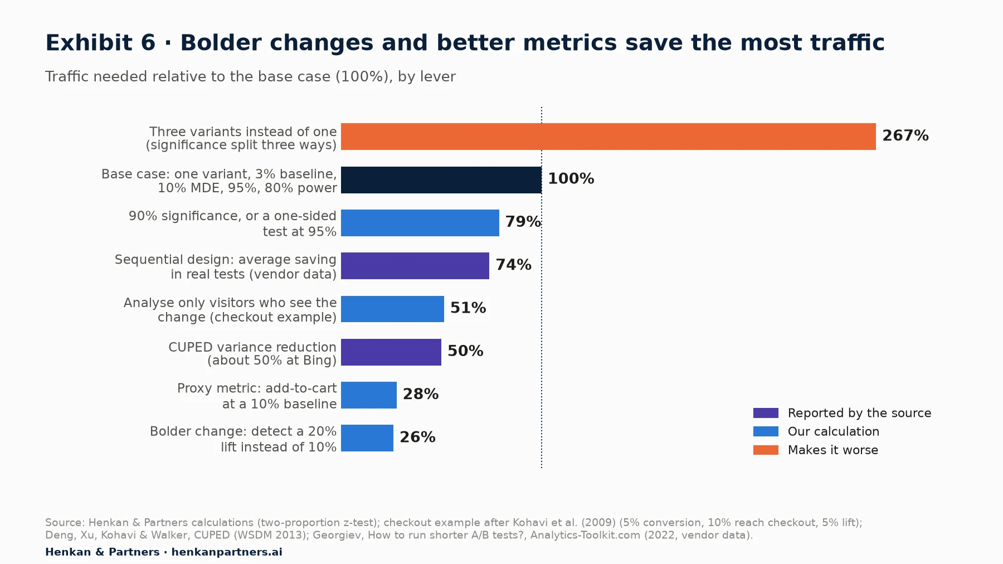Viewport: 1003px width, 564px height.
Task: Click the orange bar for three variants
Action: pyautogui.click(x=608, y=137)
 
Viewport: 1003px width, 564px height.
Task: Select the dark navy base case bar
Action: pyautogui.click(x=441, y=180)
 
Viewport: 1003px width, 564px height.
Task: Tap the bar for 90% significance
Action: pyautogui.click(x=420, y=223)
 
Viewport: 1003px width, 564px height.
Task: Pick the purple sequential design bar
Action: pyautogui.click(x=415, y=266)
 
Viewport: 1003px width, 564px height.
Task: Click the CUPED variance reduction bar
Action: pyautogui.click(x=391, y=352)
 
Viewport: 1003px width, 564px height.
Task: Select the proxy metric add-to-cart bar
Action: pyautogui.click(x=369, y=395)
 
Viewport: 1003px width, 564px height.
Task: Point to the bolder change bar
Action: pyautogui.click(x=367, y=438)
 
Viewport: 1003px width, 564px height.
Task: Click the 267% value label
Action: pyautogui.click(x=905, y=135)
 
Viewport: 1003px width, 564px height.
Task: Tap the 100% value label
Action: pyautogui.click(x=571, y=178)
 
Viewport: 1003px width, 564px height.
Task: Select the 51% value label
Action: pyautogui.click(x=468, y=308)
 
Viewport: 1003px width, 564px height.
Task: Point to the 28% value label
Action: pyautogui.click(x=421, y=394)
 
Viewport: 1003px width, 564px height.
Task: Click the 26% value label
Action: pyautogui.click(x=417, y=437)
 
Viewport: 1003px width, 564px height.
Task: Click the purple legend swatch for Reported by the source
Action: pyautogui.click(x=766, y=413)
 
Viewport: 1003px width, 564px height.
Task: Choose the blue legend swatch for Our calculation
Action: pyautogui.click(x=766, y=431)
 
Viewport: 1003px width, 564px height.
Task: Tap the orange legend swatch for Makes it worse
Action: pyautogui.click(x=766, y=450)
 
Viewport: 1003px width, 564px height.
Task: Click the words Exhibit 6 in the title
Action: pyautogui.click(x=100, y=43)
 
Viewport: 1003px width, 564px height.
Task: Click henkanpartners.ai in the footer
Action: pyautogui.click(x=227, y=552)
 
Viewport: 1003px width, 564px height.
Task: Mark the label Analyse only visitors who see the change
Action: pyautogui.click(x=230, y=310)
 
